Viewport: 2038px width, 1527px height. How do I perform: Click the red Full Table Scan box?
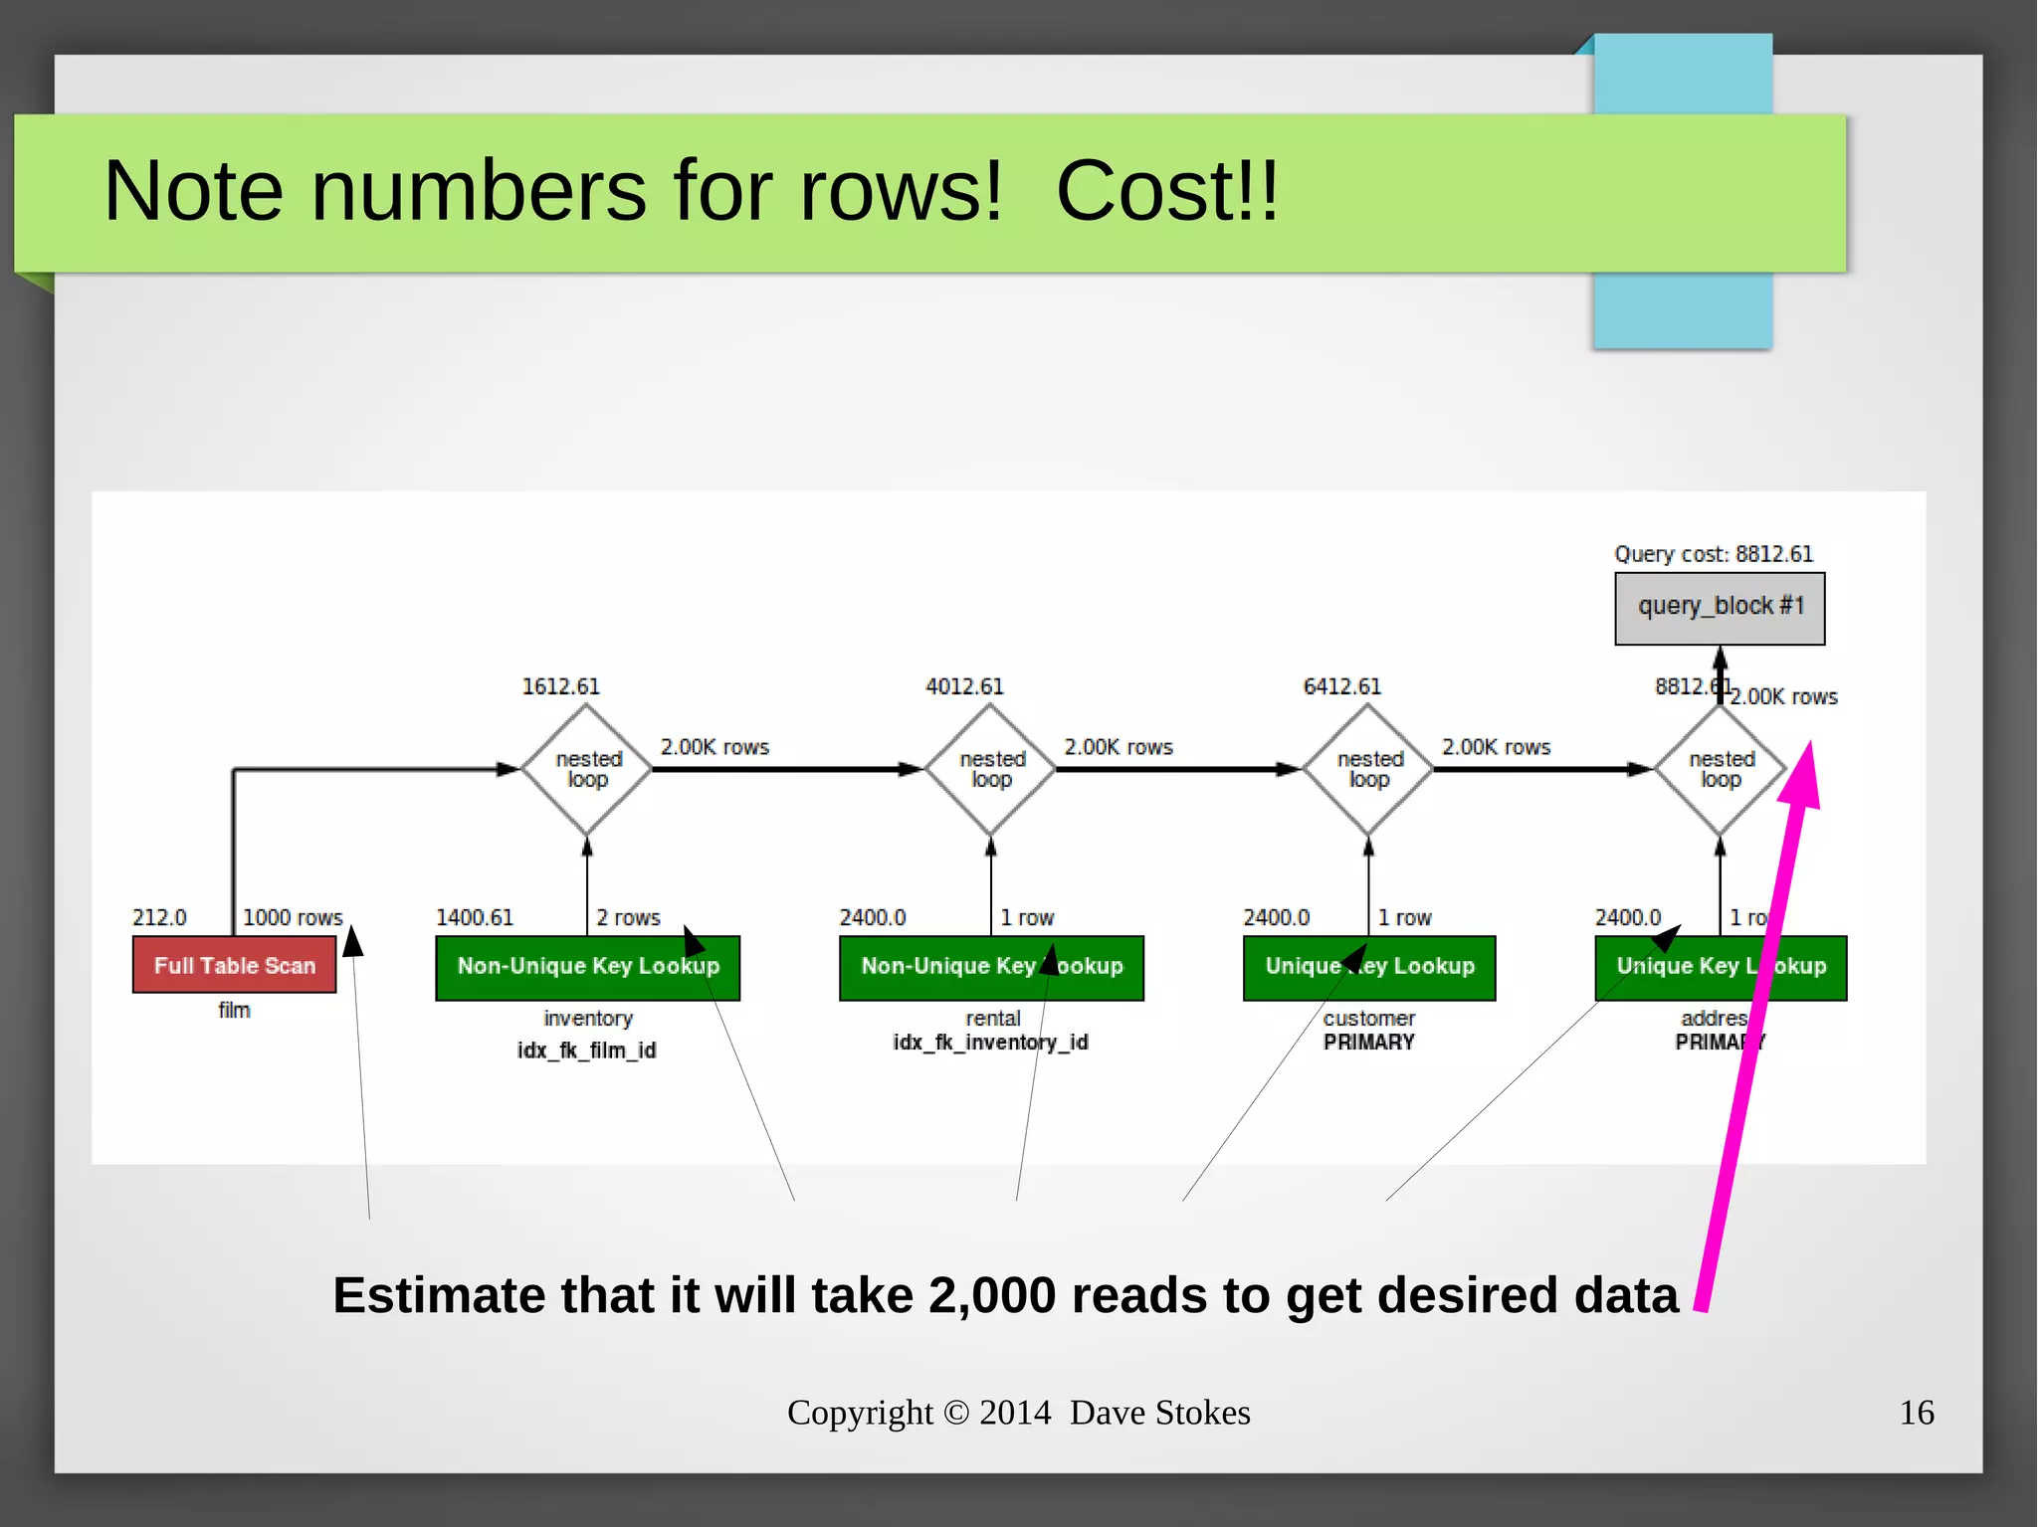[x=234, y=965]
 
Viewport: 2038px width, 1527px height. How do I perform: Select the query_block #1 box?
[x=1720, y=607]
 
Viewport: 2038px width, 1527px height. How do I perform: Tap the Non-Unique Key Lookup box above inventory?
[x=587, y=967]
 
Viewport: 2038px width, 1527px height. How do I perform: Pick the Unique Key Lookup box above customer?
[x=1368, y=967]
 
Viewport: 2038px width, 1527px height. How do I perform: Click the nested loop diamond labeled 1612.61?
[x=587, y=769]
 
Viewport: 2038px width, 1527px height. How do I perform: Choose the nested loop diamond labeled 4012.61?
[x=991, y=769]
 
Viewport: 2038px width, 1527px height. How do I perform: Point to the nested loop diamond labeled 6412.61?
[x=1368, y=769]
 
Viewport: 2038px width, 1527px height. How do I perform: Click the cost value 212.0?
[x=159, y=917]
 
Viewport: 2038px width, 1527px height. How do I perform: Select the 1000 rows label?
[x=293, y=917]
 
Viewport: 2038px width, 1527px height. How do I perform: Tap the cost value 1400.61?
[x=475, y=917]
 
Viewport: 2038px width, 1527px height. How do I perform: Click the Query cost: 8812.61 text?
[x=1714, y=554]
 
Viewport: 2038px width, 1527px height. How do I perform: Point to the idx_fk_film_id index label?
[x=587, y=1050]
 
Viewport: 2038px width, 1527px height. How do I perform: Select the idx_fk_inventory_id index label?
[x=991, y=1043]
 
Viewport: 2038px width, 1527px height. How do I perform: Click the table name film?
[x=234, y=1011]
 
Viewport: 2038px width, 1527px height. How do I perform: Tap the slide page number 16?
[x=1917, y=1413]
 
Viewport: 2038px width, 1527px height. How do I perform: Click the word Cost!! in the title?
[x=1166, y=191]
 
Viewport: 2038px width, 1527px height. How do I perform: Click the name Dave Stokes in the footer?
[x=1160, y=1413]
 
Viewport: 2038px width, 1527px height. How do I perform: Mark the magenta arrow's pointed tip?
[x=1809, y=744]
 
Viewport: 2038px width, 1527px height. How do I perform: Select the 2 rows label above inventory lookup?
[x=628, y=917]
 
